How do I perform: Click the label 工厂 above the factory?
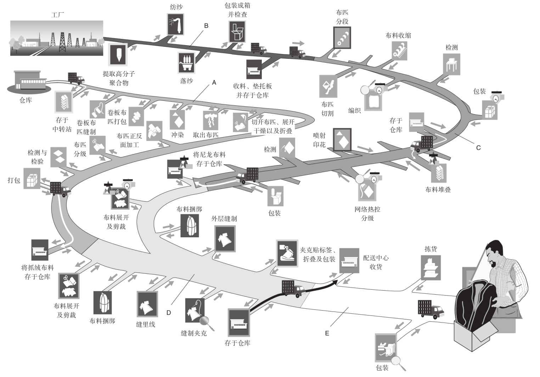(x=58, y=15)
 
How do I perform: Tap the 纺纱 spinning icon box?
(x=176, y=24)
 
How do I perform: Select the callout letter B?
(x=206, y=26)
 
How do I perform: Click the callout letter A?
(x=214, y=82)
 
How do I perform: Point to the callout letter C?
(x=479, y=148)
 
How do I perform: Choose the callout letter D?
(x=169, y=313)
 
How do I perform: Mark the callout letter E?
(x=327, y=333)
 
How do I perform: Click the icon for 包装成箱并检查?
(x=237, y=31)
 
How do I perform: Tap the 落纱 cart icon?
(x=187, y=63)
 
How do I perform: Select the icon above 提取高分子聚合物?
(x=118, y=54)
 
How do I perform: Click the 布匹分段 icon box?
(x=342, y=38)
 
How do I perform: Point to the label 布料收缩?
(x=398, y=36)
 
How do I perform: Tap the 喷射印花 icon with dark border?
(x=342, y=140)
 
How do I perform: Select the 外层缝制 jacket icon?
(x=225, y=239)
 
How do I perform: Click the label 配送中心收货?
(x=376, y=262)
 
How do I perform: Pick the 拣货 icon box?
(x=431, y=268)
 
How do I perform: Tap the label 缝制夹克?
(x=194, y=333)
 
